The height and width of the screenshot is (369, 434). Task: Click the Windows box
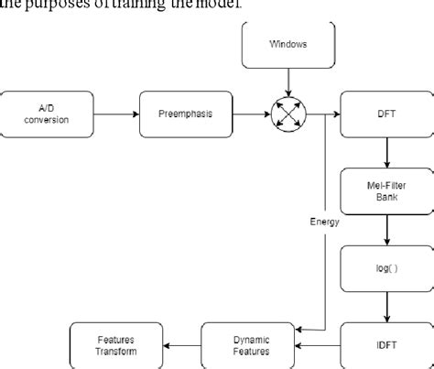click(x=287, y=44)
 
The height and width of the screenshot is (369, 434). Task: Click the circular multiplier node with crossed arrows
click(x=287, y=114)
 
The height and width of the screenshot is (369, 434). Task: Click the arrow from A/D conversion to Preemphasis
click(x=114, y=114)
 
